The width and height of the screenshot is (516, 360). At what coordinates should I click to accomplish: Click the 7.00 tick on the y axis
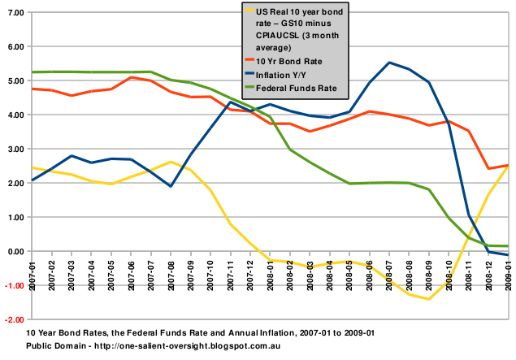(14, 14)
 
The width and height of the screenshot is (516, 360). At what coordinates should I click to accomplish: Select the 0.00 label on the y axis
(14, 252)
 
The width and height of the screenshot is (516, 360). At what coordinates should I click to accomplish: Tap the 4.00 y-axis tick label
(14, 115)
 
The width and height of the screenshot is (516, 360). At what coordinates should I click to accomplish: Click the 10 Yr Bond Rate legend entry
(291, 61)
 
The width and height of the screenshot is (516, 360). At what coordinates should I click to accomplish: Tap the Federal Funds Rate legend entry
(297, 87)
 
